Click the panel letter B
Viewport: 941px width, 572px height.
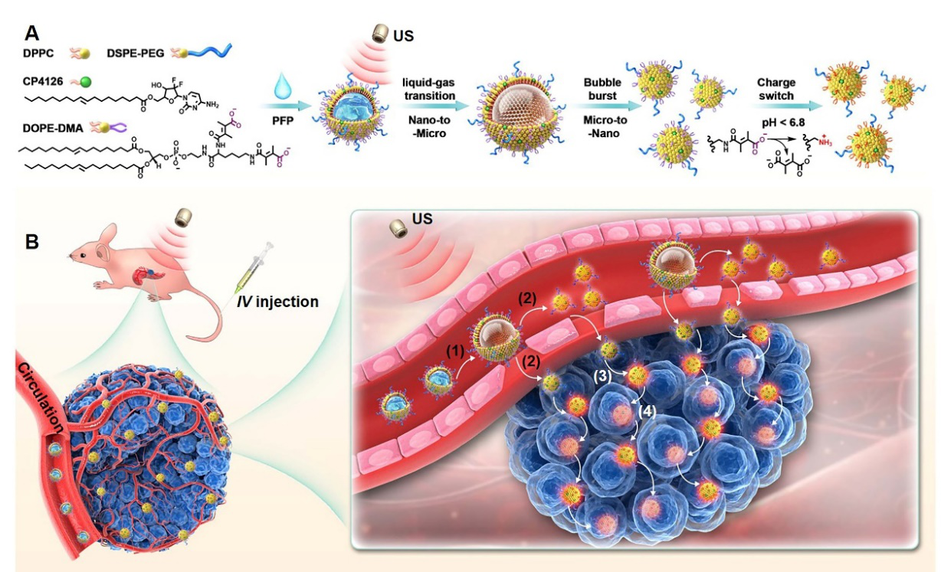coord(32,242)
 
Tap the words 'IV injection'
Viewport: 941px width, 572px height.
coord(279,302)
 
